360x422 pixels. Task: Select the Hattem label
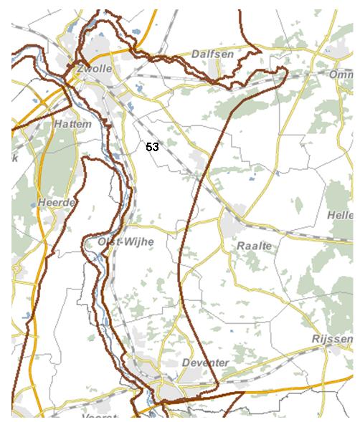coord(72,124)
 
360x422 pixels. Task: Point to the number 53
coord(152,146)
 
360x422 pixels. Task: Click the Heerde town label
coord(57,203)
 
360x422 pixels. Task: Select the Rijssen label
coord(330,337)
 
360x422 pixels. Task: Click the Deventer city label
coord(206,363)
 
